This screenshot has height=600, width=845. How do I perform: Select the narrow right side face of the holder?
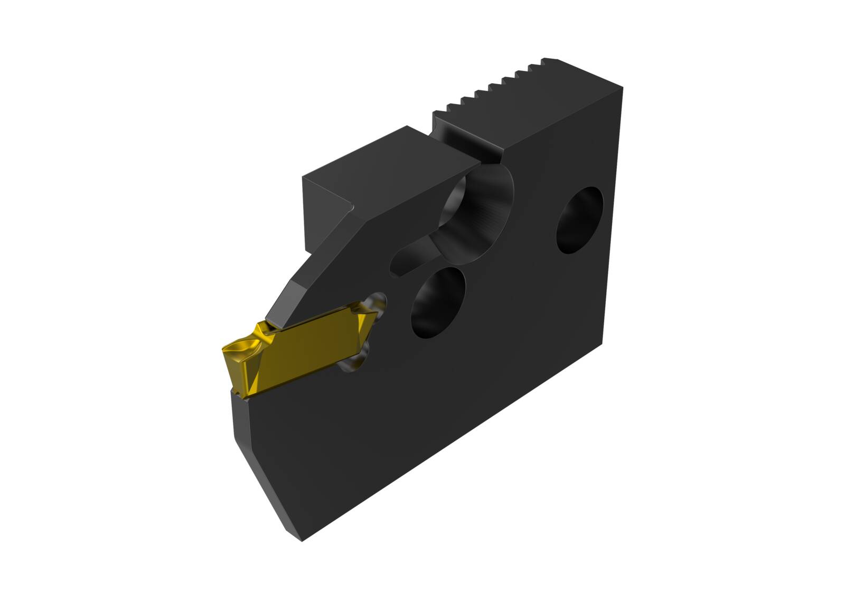pyautogui.click(x=613, y=222)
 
